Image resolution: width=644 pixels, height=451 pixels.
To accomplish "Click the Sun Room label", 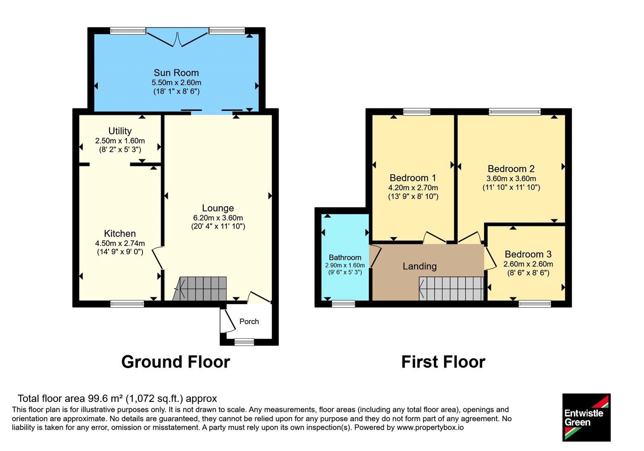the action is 176,73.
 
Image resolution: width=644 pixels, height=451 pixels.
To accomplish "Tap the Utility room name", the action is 120,131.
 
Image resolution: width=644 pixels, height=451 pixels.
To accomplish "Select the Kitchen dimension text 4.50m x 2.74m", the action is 120,243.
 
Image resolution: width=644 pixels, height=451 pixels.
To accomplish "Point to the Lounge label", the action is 218,208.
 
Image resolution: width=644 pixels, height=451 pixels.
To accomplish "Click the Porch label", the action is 249,322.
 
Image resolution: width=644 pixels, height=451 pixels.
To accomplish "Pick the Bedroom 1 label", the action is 413,178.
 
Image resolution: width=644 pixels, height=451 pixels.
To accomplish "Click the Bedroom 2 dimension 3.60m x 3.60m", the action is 511,179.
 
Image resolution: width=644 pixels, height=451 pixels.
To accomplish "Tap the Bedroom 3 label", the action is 528,254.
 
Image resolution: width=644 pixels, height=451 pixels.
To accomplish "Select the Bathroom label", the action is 345,257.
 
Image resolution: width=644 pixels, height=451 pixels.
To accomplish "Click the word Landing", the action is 419,267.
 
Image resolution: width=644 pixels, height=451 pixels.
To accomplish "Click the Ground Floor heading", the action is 175,362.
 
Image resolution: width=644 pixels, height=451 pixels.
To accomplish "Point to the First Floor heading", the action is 443,362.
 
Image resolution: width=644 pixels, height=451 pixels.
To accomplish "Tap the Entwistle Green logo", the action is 586,418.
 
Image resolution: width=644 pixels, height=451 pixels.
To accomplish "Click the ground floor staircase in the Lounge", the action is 200,289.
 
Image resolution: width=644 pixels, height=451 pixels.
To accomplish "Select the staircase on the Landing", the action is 451,289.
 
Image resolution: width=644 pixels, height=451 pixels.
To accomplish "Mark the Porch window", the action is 244,342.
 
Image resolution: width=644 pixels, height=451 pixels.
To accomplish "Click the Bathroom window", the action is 344,304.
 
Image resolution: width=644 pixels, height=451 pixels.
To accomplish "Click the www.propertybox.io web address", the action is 430,428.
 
